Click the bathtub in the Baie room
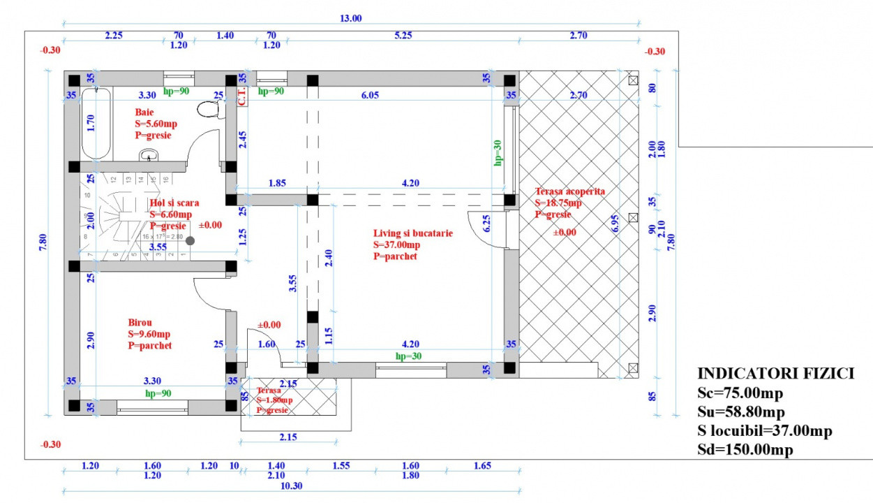click(x=97, y=124)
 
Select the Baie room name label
click(x=144, y=111)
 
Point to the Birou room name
click(x=140, y=323)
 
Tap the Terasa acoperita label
click(x=570, y=191)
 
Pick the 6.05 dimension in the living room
click(x=370, y=96)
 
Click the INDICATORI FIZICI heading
click(x=776, y=374)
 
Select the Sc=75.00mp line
click(x=740, y=393)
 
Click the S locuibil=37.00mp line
click(x=765, y=431)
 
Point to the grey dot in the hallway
click(x=190, y=240)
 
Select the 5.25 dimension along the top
click(x=403, y=36)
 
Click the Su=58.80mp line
click(x=741, y=412)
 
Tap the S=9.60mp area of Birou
click(x=149, y=334)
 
